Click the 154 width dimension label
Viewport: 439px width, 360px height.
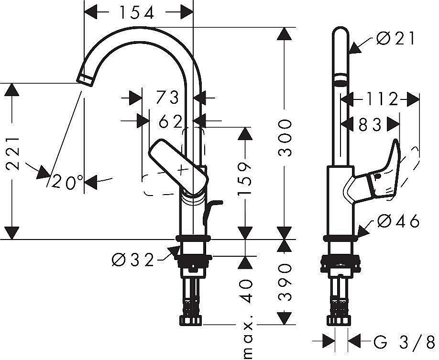tap(137, 12)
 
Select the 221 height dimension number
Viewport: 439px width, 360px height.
tap(12, 153)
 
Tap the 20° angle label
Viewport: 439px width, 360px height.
tap(68, 182)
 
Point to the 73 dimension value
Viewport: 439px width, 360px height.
tap(167, 98)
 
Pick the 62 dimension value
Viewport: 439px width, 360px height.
tap(171, 121)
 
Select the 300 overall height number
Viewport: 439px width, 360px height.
tap(285, 138)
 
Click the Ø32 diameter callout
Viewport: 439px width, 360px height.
tap(133, 260)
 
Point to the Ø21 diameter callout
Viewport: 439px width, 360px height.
tap(395, 38)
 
